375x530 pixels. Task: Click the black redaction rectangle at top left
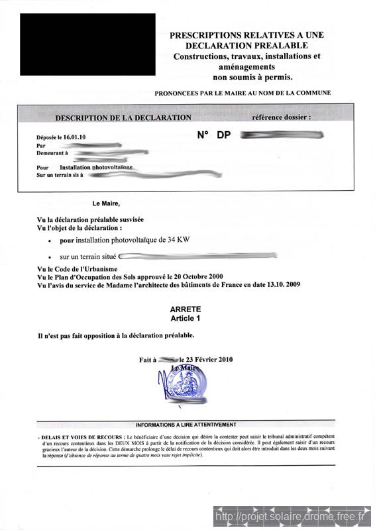tap(87, 44)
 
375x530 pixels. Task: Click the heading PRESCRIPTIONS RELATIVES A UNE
tap(247, 34)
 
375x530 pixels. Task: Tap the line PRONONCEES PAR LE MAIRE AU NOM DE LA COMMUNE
tap(242, 93)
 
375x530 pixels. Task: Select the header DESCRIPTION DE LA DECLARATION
tap(123, 117)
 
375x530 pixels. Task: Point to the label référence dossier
tap(281, 117)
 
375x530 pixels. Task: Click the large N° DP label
tap(214, 134)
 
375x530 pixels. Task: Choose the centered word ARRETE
tap(186, 309)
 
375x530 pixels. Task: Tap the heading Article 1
tap(186, 318)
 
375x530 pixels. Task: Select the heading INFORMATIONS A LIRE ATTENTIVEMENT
tap(186, 425)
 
